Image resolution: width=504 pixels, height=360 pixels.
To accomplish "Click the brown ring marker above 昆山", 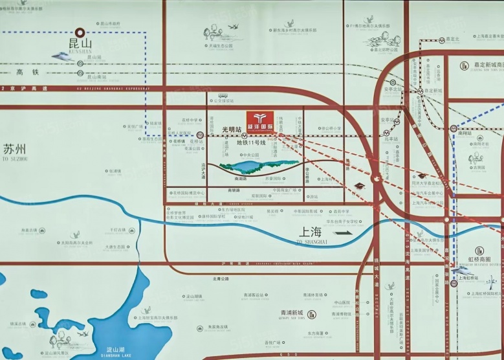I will (80, 30).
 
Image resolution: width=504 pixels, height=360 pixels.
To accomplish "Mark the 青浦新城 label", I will (301, 312).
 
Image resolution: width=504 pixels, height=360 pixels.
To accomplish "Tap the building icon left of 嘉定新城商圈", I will (465, 65).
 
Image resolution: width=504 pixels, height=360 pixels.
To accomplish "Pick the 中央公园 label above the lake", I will (249, 155).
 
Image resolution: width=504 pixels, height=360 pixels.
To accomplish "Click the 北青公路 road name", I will (221, 279).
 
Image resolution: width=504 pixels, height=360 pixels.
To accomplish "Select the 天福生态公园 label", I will (221, 45).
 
